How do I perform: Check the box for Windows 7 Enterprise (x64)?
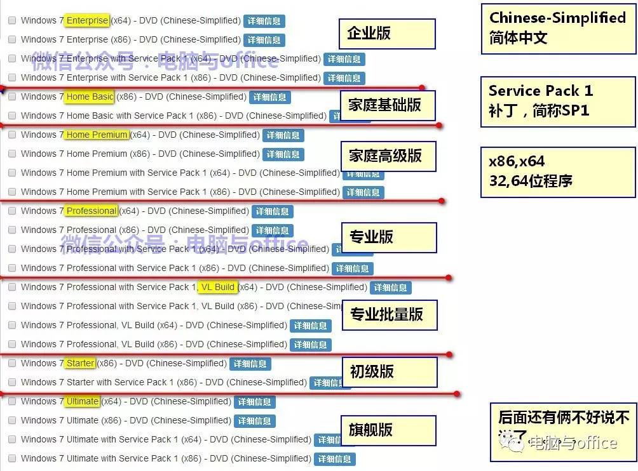tap(12, 20)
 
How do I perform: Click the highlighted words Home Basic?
tap(90, 96)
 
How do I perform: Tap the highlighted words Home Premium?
tap(97, 135)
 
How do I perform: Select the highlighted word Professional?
tap(92, 211)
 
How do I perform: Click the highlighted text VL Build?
tap(217, 287)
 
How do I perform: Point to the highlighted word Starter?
tap(80, 363)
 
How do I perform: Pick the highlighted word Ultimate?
tap(83, 401)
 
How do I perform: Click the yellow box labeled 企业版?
tap(388, 34)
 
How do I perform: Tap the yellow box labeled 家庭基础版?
tap(388, 105)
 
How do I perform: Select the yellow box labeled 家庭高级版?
tap(388, 156)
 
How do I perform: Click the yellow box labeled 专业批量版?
tap(390, 315)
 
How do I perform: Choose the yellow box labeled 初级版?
tap(390, 372)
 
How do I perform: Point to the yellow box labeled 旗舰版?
tap(388, 430)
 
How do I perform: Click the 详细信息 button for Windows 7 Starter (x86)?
tap(250, 364)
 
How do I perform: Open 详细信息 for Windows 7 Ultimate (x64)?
tap(254, 402)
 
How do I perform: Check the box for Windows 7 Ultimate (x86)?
tap(12, 420)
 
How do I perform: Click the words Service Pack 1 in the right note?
tap(540, 91)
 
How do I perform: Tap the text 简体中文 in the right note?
tap(518, 38)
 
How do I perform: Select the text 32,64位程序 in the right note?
tap(531, 181)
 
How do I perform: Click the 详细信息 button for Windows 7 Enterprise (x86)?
tap(264, 40)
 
